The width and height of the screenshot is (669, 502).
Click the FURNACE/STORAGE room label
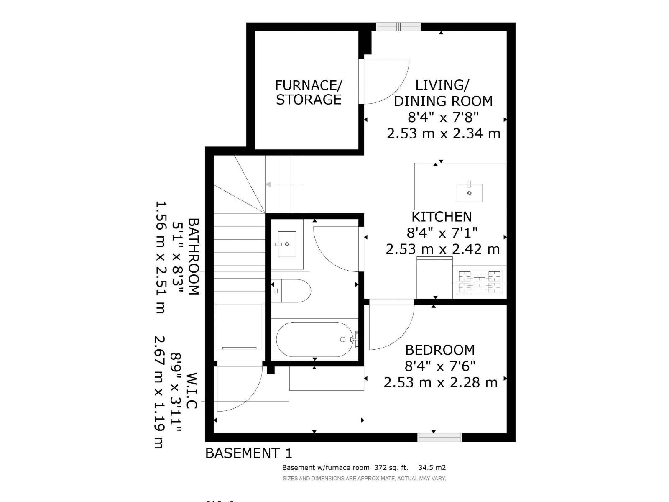click(309, 92)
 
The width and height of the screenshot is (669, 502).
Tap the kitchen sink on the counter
click(469, 192)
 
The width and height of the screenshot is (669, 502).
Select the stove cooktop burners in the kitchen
click(479, 282)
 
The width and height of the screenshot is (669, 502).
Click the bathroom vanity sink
click(286, 244)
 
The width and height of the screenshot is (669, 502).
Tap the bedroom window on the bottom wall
click(439, 438)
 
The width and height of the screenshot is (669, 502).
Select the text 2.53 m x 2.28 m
click(441, 382)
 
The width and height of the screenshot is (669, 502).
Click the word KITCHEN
click(442, 217)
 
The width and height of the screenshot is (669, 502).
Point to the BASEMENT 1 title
click(248, 453)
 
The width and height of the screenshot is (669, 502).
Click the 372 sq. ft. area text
click(391, 468)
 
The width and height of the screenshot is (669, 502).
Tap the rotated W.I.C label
click(192, 391)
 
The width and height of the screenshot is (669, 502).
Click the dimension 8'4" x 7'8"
click(443, 117)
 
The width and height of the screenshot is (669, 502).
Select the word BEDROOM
click(440, 350)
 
